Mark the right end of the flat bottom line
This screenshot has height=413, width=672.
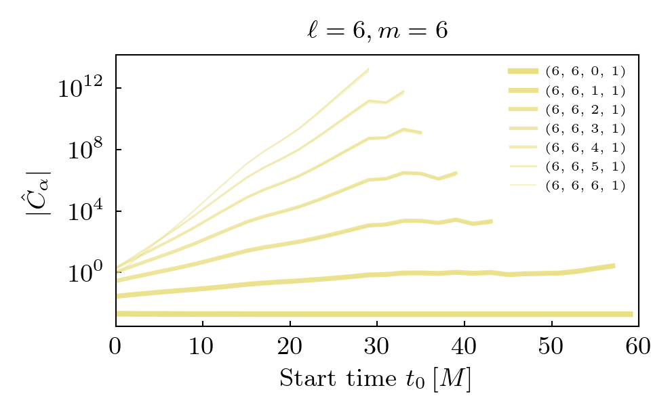coord(631,314)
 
